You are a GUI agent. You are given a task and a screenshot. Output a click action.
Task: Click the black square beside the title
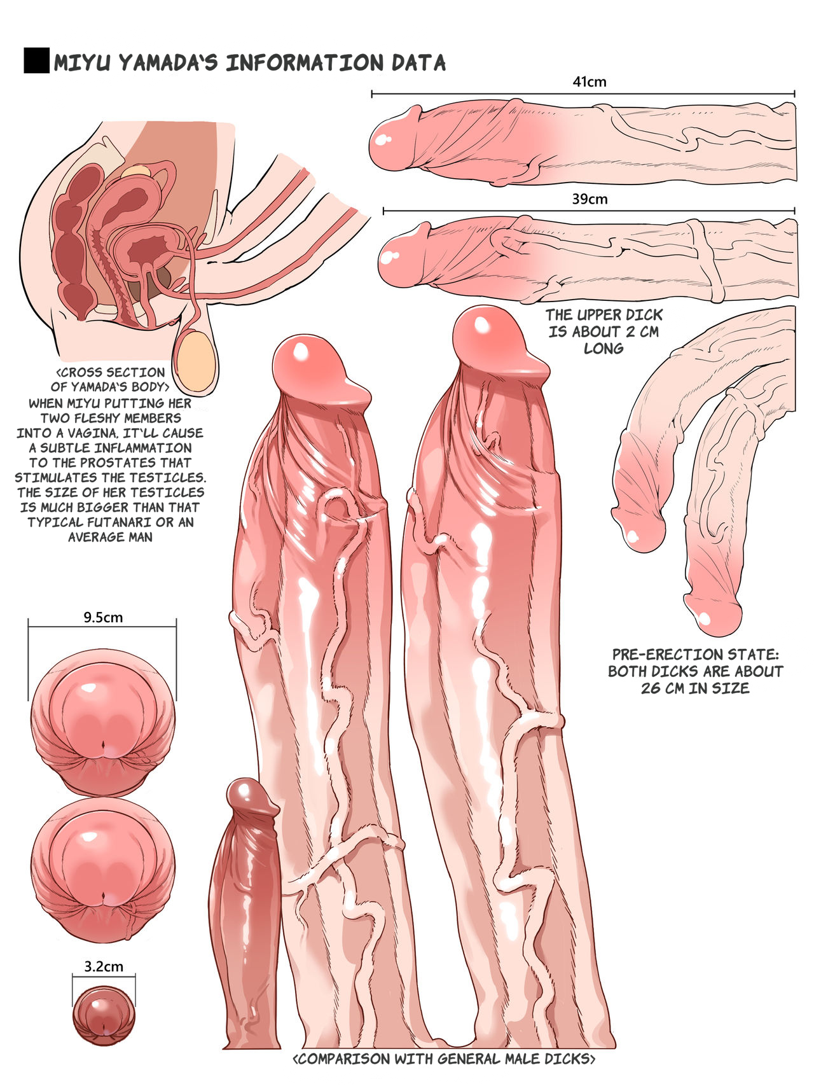point(36,60)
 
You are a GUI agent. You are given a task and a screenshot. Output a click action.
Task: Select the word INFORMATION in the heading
point(305,63)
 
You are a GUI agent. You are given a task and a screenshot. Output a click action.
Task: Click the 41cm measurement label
point(589,81)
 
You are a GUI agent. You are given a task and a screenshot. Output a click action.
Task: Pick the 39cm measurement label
point(590,199)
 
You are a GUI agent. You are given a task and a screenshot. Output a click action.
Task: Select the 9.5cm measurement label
point(103,617)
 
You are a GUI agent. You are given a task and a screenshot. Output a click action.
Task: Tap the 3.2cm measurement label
point(104,966)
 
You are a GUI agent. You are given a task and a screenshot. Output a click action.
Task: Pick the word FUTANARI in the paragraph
point(101,522)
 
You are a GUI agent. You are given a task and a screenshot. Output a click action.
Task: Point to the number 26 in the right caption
point(651,688)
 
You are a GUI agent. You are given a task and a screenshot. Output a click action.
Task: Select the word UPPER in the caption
point(598,315)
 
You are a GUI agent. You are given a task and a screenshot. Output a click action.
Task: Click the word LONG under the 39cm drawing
point(604,348)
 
